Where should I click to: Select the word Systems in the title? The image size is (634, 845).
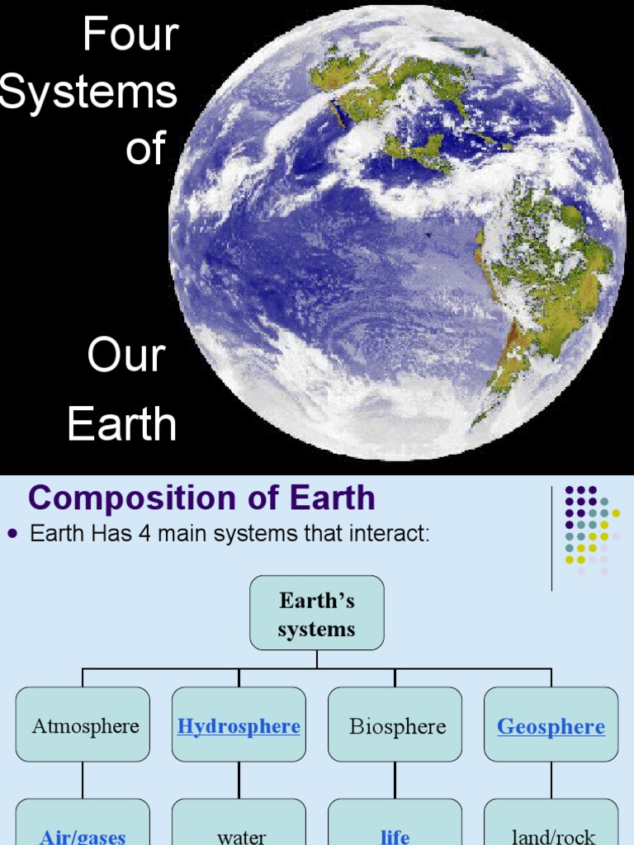(x=88, y=92)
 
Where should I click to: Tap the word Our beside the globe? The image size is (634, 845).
(x=126, y=356)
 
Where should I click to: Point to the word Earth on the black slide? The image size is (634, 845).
(x=122, y=424)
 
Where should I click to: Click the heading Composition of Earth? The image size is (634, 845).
(x=201, y=498)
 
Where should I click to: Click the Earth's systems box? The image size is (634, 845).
(x=317, y=613)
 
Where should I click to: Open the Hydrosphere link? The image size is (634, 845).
(x=239, y=726)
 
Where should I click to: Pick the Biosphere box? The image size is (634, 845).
(x=397, y=726)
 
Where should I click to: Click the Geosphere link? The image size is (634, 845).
(x=551, y=726)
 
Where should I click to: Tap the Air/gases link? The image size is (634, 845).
(x=83, y=836)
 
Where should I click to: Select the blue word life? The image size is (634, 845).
(x=395, y=836)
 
